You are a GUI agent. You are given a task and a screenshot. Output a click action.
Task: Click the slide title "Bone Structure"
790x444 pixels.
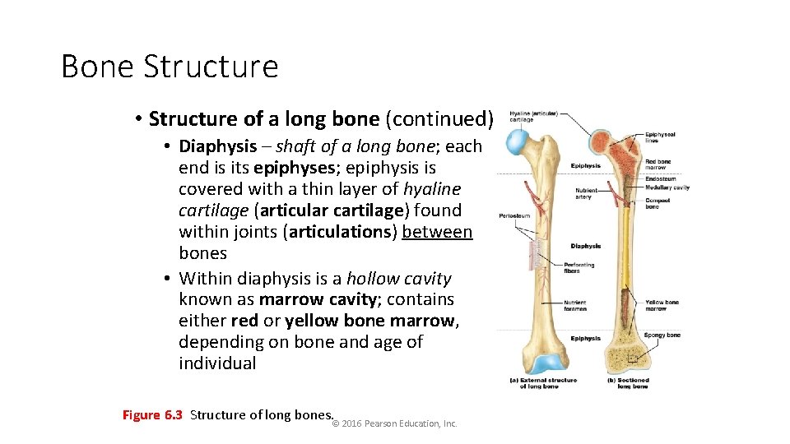(170, 67)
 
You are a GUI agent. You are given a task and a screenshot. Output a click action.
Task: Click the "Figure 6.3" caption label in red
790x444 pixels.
(152, 415)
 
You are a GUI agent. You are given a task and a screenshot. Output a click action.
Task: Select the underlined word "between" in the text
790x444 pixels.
(437, 232)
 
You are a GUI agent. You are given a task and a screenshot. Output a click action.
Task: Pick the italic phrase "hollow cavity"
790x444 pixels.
(399, 278)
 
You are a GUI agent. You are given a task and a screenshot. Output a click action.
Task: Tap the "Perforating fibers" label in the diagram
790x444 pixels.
(579, 267)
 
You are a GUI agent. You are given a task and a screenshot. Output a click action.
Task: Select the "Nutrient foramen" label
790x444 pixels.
(575, 305)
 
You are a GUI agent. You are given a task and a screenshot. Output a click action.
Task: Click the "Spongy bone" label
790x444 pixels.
(662, 335)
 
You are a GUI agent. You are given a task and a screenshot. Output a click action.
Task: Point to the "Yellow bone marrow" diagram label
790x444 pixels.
(661, 305)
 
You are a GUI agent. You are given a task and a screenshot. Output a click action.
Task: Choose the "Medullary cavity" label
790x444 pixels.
(667, 187)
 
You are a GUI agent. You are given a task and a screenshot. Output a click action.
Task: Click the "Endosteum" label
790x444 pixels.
(661, 178)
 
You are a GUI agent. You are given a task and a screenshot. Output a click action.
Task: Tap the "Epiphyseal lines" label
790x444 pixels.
(660, 137)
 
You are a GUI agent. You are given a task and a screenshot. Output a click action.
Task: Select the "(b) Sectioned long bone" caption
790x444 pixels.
(630, 383)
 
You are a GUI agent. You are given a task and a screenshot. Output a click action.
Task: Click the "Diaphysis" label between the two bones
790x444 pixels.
(585, 246)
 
